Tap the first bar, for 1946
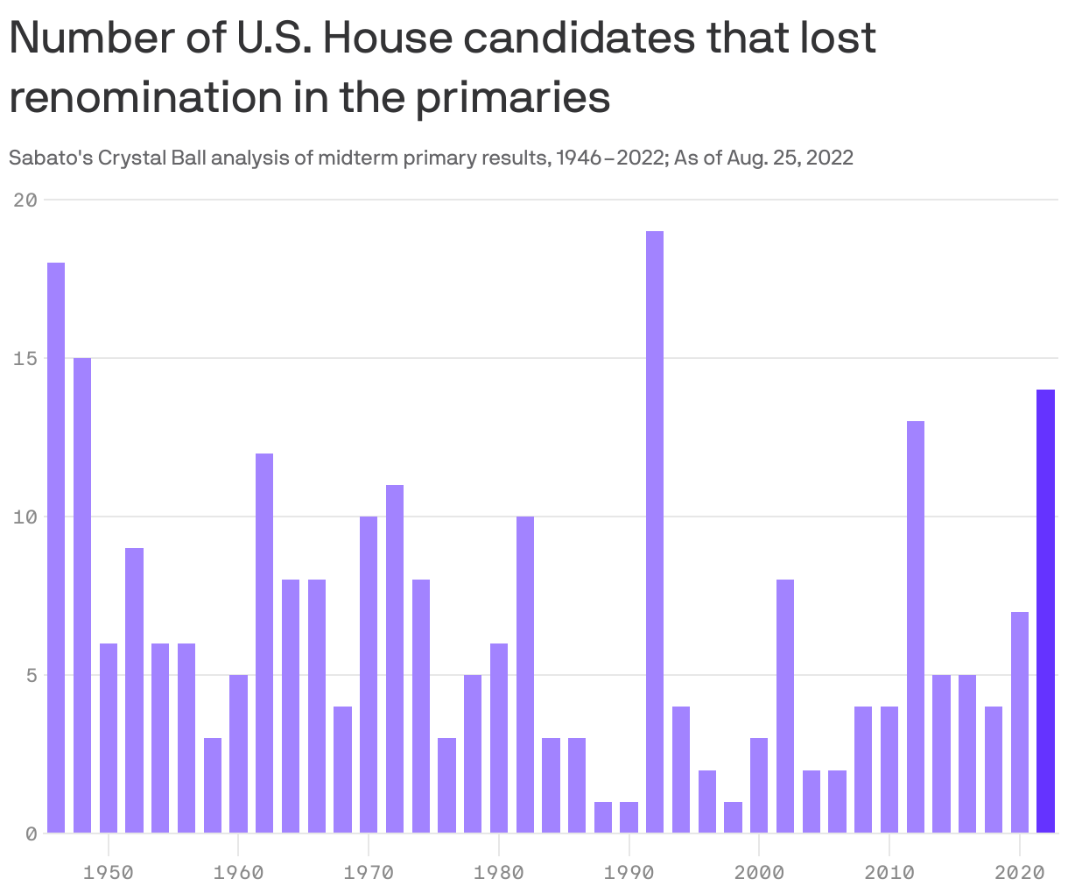(x=56, y=547)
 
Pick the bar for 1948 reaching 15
(x=82, y=595)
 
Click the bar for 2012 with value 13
(x=916, y=627)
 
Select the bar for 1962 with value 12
(x=264, y=643)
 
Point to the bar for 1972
(x=395, y=658)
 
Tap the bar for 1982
(x=525, y=674)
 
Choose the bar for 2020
(x=1020, y=722)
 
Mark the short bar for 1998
(x=733, y=817)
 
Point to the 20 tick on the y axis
(x=26, y=200)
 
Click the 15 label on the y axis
(x=26, y=358)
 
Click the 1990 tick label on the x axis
(x=629, y=873)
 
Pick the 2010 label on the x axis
(x=889, y=873)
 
